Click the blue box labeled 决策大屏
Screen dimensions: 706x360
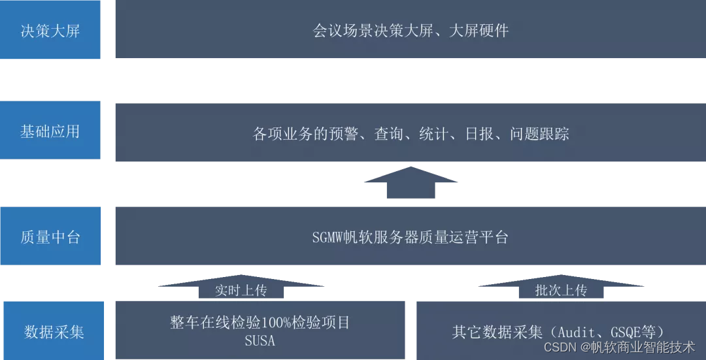point(50,31)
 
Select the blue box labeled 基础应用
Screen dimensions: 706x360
point(50,131)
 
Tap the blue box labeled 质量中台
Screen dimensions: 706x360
point(50,237)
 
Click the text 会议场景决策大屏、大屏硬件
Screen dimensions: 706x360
point(411,31)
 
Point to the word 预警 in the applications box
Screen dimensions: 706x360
point(343,134)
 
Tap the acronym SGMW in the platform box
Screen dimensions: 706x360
point(329,237)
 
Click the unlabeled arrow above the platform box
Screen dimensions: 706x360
point(411,182)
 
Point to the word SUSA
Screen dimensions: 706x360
point(260,340)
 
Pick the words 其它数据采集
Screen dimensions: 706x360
point(497,332)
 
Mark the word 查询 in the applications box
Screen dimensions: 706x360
point(389,134)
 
